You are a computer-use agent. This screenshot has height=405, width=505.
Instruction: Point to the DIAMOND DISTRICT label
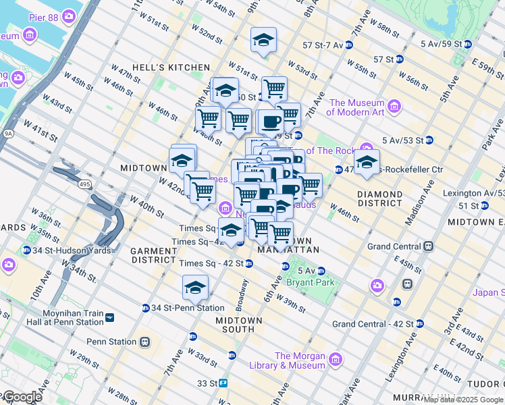pyautogui.click(x=379, y=198)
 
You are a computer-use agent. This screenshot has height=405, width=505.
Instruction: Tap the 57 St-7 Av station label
pyautogui.click(x=323, y=45)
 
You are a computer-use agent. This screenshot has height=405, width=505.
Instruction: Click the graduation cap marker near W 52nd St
pyautogui.click(x=263, y=40)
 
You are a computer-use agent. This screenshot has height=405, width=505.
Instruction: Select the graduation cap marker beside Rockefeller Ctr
pyautogui.click(x=367, y=163)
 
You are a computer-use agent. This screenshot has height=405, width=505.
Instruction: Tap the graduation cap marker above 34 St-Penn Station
pyautogui.click(x=195, y=288)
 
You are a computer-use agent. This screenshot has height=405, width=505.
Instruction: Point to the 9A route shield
pyautogui.click(x=7, y=134)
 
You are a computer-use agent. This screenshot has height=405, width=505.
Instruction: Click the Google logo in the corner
pyautogui.click(x=22, y=398)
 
